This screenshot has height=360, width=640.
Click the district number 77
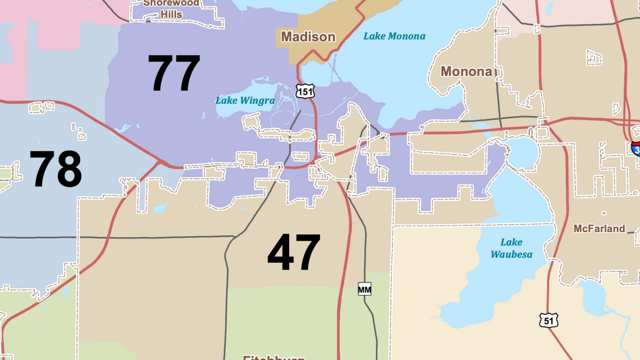[x=174, y=73]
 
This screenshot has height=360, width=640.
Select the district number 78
[x=55, y=169]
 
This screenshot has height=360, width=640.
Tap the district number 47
[x=293, y=253]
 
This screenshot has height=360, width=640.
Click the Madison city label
[x=308, y=36]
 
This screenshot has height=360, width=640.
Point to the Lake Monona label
[x=394, y=36]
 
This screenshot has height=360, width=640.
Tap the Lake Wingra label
[x=245, y=100]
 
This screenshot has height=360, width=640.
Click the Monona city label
[x=466, y=71]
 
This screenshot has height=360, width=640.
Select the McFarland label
[x=599, y=228]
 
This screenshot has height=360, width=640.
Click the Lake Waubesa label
[x=511, y=248]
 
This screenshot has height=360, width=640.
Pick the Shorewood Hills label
[x=171, y=8]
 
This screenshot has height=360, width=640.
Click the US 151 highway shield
[x=304, y=91]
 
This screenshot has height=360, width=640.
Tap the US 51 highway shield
[x=548, y=320]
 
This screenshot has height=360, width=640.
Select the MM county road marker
[x=364, y=289]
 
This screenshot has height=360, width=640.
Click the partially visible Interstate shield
[x=635, y=148]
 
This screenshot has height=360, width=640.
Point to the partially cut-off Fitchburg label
[x=273, y=357]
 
